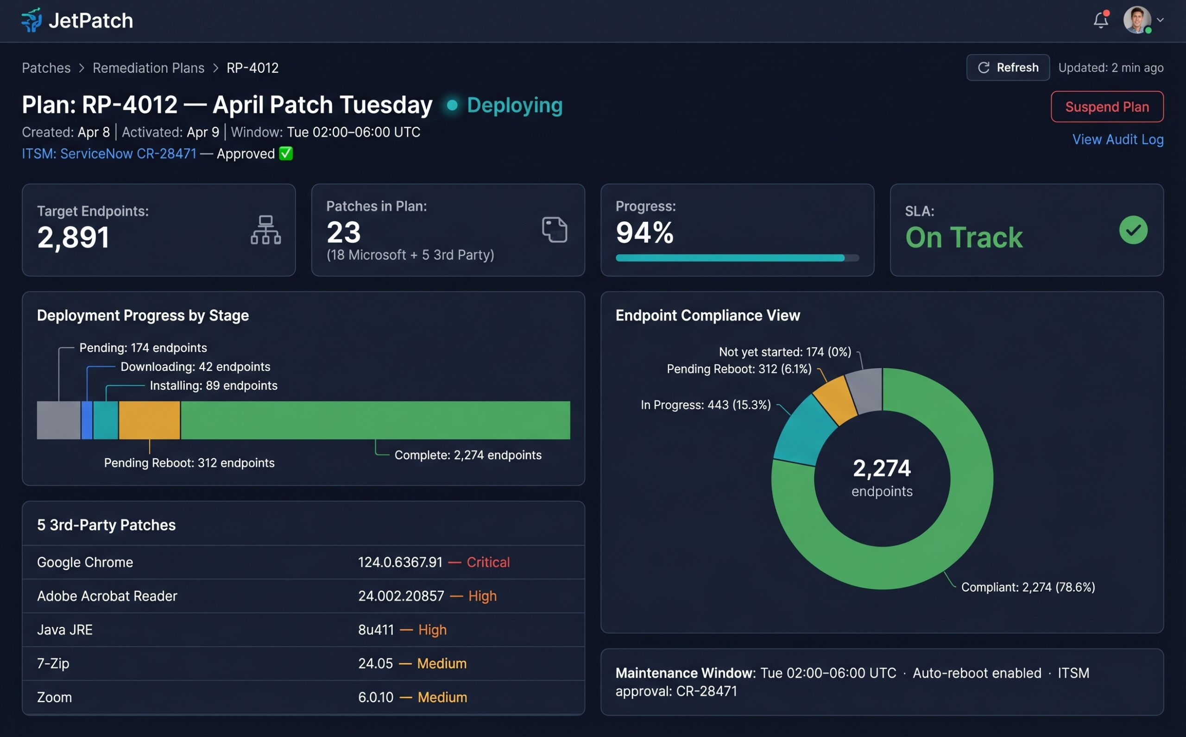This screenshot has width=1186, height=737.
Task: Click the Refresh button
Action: point(1008,68)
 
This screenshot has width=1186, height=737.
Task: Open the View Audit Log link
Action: point(1117,139)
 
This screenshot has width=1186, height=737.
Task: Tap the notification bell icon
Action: point(1100,20)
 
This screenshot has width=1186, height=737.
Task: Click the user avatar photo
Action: point(1136,20)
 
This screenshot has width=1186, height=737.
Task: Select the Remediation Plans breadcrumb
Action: point(148,68)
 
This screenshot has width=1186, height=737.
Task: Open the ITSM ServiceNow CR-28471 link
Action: point(109,154)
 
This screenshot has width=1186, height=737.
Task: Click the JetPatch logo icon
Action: point(32,20)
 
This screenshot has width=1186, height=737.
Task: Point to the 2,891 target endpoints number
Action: point(73,237)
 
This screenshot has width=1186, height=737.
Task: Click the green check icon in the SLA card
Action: point(1133,230)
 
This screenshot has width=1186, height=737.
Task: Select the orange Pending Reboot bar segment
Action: point(149,420)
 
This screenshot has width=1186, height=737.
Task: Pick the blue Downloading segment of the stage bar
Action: point(87,420)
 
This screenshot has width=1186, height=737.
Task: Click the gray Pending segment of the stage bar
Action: point(58,420)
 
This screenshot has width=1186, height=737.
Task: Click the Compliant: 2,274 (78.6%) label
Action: point(1028,587)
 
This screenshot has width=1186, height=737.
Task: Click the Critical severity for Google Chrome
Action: point(488,562)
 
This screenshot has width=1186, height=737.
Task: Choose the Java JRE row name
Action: point(65,630)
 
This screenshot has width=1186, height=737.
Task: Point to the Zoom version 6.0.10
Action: point(376,697)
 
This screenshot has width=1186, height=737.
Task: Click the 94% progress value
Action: point(644,232)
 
